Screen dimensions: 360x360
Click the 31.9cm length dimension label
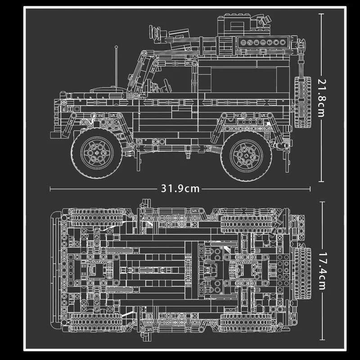pos(180,189)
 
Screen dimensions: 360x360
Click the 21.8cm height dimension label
pos(322,98)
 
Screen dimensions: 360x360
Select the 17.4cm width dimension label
pos(322,271)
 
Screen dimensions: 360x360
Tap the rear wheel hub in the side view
pos(246,155)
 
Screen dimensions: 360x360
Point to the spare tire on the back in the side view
pos(303,102)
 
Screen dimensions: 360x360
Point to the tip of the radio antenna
pos(117,47)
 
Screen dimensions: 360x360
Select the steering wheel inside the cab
pos(167,85)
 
